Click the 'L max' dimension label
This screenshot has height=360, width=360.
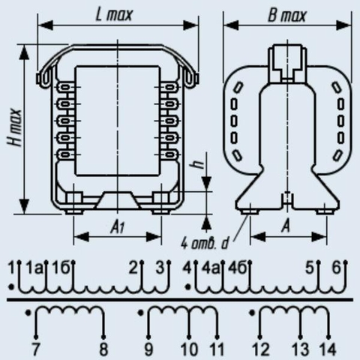pyautogui.click(x=114, y=15)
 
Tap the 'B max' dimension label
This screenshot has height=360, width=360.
pyautogui.click(x=286, y=16)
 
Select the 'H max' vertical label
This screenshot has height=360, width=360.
pyautogui.click(x=15, y=127)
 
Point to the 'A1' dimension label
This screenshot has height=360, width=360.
pyautogui.click(x=117, y=227)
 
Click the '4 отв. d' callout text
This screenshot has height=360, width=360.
pyautogui.click(x=205, y=243)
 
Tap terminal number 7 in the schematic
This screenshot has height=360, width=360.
pyautogui.click(x=35, y=349)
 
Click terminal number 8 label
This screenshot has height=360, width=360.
pyautogui.click(x=103, y=349)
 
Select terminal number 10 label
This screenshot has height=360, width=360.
pyautogui.click(x=190, y=349)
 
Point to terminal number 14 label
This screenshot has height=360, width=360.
pyautogui.click(x=328, y=349)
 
